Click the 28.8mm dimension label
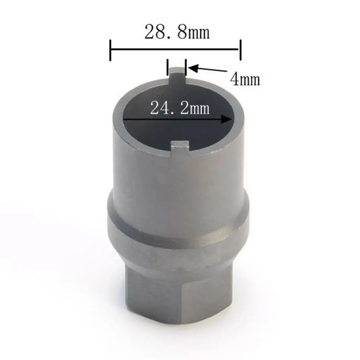pos(177,32)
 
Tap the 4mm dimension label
pos(245,79)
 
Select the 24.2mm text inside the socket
pos(180,108)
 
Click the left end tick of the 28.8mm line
pos(110,50)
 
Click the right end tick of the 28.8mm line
pos(240,50)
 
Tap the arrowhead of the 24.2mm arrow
pos(226,119)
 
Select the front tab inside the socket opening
pos(180,149)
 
